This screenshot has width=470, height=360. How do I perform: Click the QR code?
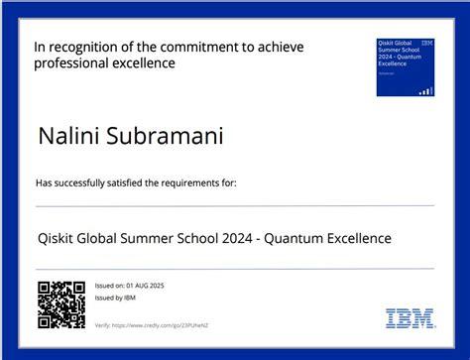coord(61,304)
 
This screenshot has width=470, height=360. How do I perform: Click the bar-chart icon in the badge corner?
coord(425,90)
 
